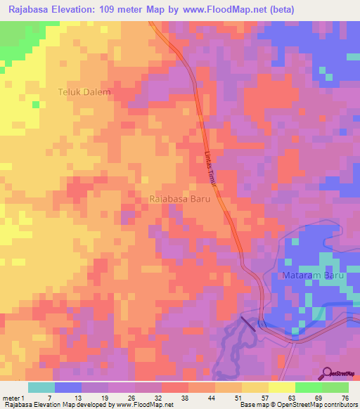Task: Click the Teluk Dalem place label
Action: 84,91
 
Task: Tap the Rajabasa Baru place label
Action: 181,199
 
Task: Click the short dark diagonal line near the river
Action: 248,324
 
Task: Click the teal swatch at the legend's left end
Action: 41,387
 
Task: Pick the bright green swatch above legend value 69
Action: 308,387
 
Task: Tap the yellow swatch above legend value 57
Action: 255,387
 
